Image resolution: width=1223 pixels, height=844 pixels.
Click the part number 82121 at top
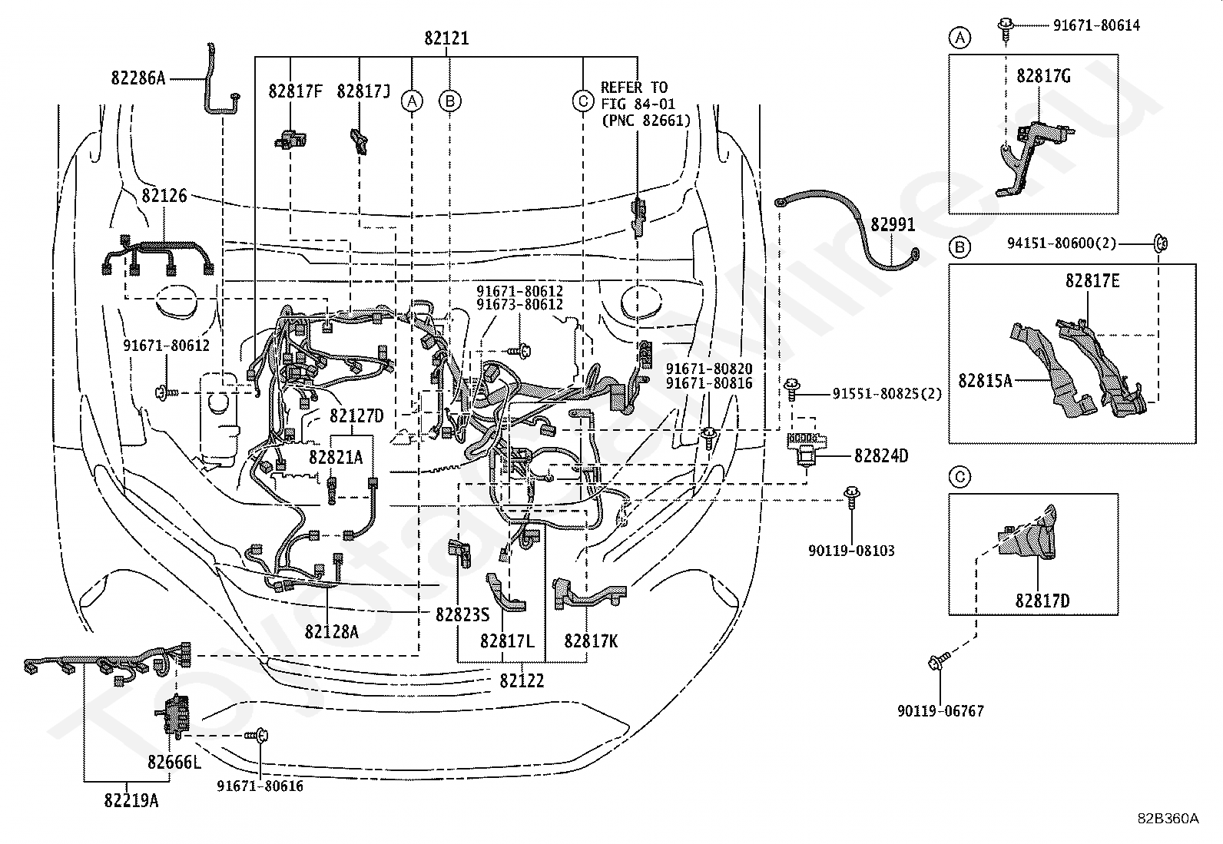click(446, 38)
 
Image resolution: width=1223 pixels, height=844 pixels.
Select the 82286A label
click(138, 78)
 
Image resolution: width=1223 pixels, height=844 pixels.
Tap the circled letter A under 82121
click(412, 101)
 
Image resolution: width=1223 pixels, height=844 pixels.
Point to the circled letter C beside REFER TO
click(583, 101)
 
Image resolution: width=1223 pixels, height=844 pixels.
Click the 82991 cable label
click(893, 224)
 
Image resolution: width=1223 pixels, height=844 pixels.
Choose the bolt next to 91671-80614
click(1006, 29)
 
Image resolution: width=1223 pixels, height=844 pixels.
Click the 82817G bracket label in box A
click(1043, 76)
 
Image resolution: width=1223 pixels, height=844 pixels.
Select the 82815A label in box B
click(985, 380)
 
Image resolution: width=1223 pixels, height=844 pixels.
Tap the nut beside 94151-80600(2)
click(1160, 243)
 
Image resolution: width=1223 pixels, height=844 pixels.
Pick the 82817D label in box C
click(1042, 601)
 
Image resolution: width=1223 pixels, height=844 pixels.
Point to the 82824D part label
click(881, 456)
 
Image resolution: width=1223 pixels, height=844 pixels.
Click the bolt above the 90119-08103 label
click(852, 497)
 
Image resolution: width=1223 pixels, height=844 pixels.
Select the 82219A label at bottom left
click(131, 800)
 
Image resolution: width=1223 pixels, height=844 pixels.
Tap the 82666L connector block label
click(174, 762)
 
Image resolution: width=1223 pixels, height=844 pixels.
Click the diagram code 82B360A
click(1168, 833)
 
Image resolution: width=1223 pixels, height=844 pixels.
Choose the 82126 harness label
click(164, 195)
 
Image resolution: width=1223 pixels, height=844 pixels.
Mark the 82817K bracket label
click(591, 641)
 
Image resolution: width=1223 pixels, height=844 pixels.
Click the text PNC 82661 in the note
click(646, 121)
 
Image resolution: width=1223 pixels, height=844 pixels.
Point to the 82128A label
click(331, 631)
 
